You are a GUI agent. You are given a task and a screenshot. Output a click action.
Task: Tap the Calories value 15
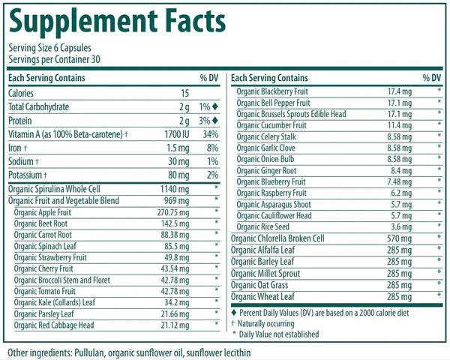184,93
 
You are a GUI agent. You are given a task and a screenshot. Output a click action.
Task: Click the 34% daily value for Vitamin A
210,134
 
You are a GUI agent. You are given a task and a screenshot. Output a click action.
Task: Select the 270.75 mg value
175,212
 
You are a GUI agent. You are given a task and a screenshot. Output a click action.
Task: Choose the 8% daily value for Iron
212,148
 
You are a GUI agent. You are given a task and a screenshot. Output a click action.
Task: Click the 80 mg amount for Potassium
181,175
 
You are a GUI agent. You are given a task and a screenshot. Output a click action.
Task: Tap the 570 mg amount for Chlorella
397,238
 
